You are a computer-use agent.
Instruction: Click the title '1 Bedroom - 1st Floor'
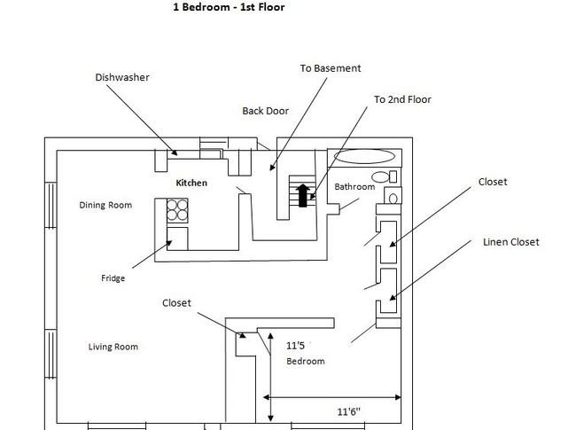[229, 7]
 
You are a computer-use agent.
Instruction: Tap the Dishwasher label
[122, 77]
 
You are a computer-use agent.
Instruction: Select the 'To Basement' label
[331, 68]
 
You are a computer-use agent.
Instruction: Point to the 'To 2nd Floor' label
[402, 99]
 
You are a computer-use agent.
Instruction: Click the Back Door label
[265, 111]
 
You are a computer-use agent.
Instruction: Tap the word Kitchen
[191, 183]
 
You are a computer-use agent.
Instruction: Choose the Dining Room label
[105, 205]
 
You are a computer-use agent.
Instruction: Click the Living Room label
[113, 347]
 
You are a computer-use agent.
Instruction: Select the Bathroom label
[354, 186]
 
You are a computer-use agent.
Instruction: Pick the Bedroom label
[305, 361]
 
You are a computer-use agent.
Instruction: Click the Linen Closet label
[511, 242]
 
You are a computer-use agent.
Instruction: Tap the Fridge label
[113, 278]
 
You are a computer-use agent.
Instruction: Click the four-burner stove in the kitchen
[177, 210]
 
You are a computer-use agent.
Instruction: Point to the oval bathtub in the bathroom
[364, 156]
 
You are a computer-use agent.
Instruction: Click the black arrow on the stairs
[303, 195]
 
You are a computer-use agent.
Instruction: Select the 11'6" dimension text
[348, 411]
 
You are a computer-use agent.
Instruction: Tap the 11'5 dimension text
[295, 346]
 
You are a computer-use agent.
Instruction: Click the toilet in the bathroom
[384, 176]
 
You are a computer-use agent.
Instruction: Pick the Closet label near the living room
[176, 303]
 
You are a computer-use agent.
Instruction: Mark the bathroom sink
[393, 196]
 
